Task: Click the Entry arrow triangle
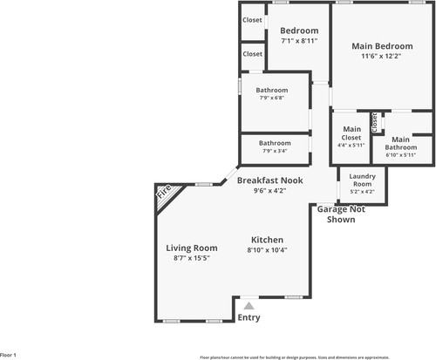(249, 305)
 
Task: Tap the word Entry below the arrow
(249, 318)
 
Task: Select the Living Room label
(192, 248)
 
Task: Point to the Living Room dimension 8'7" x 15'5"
(192, 258)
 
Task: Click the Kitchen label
(267, 240)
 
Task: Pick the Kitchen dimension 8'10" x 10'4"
(267, 250)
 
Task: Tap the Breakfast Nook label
(270, 180)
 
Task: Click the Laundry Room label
(362, 180)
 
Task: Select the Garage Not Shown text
(341, 214)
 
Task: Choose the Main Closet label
(351, 133)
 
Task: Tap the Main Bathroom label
(401, 144)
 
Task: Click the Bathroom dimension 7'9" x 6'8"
(275, 98)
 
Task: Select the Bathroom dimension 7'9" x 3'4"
(275, 151)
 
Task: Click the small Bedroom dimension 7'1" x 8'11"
(299, 41)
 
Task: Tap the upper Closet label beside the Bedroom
(253, 20)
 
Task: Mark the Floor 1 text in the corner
(9, 356)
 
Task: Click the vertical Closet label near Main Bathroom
(375, 122)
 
